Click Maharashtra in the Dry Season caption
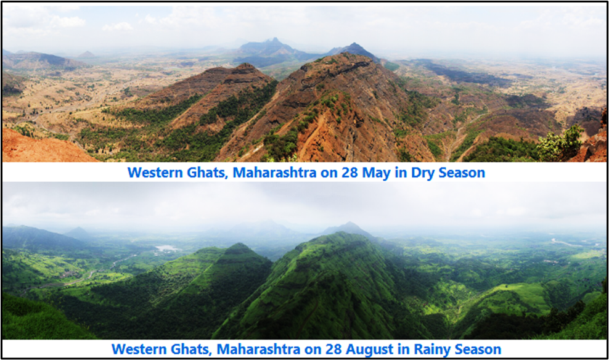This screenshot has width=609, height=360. tap(274, 173)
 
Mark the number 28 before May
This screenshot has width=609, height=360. tap(349, 173)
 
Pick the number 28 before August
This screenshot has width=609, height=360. tap(333, 349)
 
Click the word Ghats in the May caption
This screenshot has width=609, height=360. tap(208, 173)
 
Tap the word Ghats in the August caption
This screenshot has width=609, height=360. tap(192, 350)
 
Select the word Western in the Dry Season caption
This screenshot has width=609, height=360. tap(155, 173)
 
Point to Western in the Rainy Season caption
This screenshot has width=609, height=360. tap(139, 349)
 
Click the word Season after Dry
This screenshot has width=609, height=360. tap(462, 173)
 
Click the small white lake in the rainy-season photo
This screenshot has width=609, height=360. tap(166, 248)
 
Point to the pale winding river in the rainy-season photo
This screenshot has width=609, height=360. tap(567, 243)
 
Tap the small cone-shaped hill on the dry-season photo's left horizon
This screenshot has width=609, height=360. tap(86, 54)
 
